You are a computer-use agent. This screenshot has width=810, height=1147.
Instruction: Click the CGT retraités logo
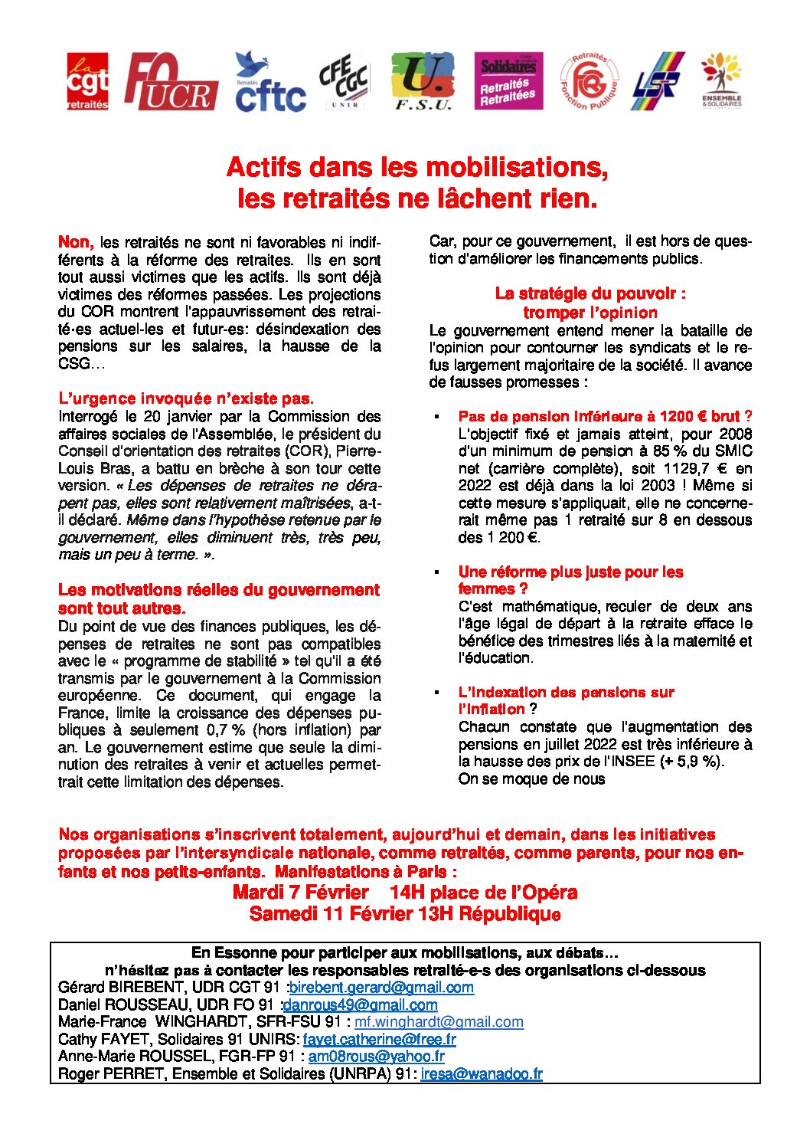coord(87,81)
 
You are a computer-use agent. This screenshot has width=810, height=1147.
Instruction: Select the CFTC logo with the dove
coord(269,82)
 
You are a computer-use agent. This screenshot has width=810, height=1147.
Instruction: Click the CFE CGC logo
coord(344,80)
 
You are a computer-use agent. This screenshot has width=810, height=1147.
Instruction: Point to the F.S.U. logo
coord(423,81)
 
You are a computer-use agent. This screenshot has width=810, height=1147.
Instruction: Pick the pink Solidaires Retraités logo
coord(508,81)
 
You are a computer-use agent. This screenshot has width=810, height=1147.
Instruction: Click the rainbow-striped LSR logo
coord(658,81)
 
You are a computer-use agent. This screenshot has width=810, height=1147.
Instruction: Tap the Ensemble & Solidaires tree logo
coord(721,80)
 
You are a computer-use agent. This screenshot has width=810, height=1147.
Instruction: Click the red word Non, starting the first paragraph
coord(76,243)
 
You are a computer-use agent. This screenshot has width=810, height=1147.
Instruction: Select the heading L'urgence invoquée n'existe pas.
coord(186,398)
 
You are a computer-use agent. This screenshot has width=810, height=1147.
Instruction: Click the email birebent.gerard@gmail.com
coord(381,988)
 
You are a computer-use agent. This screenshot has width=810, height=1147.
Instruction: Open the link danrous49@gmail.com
coord(360,1004)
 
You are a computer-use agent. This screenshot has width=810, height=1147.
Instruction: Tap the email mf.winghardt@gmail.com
coord(439,1022)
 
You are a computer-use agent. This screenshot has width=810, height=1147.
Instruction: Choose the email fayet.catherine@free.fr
coord(379,1040)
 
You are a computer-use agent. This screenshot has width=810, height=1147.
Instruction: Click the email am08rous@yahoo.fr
coord(376,1057)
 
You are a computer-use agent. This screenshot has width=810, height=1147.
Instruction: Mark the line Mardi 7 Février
coord(301,893)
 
